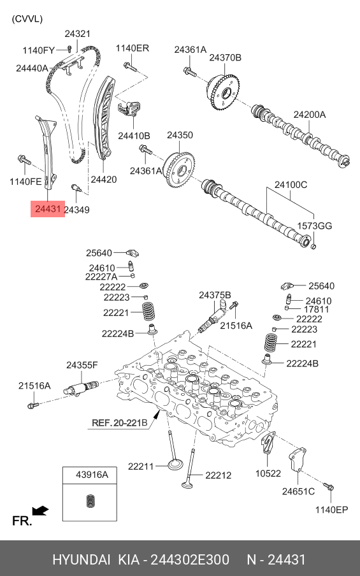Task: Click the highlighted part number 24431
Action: [47, 209]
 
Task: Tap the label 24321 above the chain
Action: [78, 34]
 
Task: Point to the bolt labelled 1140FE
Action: [25, 159]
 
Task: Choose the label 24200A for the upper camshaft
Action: [309, 115]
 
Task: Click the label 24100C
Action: [291, 184]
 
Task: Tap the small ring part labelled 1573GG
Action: [313, 245]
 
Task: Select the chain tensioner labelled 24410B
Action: [129, 108]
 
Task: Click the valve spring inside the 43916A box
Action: [90, 501]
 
